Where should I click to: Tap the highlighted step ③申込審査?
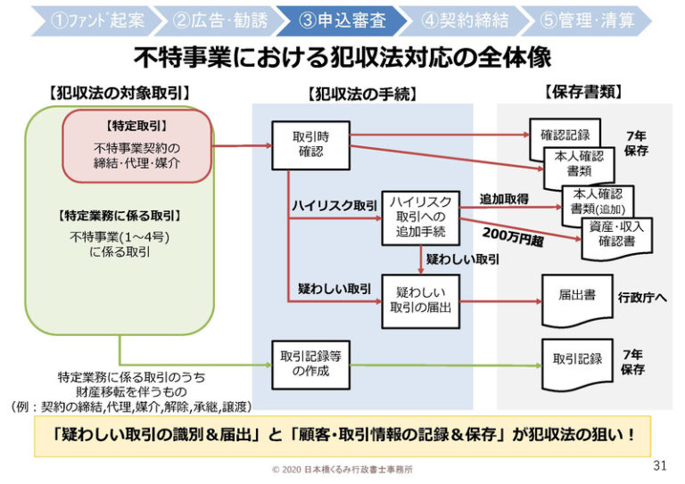[336, 20]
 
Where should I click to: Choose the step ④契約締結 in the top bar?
[458, 20]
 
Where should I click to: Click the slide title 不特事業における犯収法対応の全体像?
[342, 59]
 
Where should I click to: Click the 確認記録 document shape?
[565, 135]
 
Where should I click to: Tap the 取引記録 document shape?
[577, 359]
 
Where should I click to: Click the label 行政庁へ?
[643, 298]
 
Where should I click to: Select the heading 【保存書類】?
[582, 92]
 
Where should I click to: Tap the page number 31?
[659, 465]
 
